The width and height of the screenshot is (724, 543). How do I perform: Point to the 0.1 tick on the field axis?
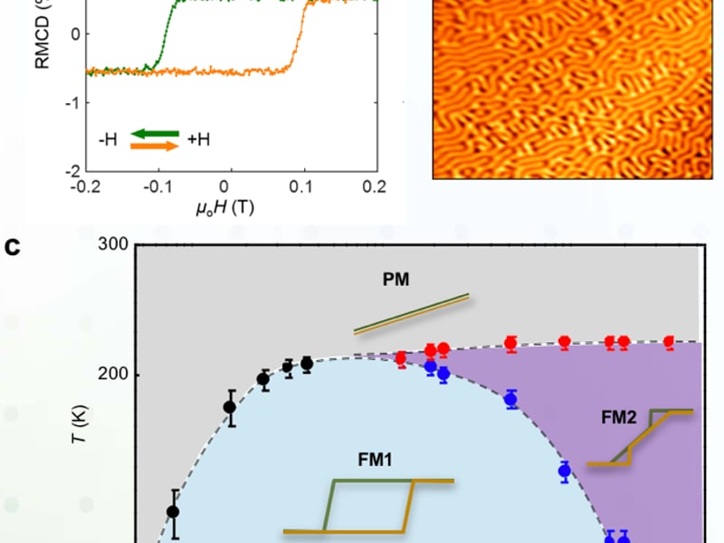coord(303,186)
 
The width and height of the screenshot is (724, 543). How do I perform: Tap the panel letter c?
coord(13,245)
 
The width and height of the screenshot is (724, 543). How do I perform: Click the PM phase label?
coord(395,280)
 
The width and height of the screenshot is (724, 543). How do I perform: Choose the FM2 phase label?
coord(620,417)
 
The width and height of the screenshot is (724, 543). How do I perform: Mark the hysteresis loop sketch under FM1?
coord(368,505)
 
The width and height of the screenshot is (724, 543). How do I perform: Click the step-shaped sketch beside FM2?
coord(640,438)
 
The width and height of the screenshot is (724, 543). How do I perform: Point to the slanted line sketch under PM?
coord(411,313)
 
